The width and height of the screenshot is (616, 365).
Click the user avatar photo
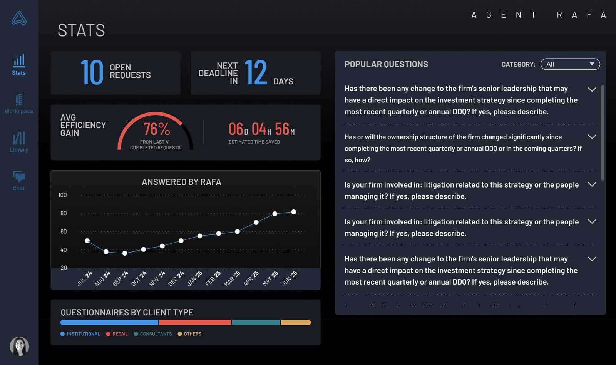[x=19, y=346]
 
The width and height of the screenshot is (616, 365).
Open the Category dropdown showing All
[x=570, y=64]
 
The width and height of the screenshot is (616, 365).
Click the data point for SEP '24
[x=125, y=253]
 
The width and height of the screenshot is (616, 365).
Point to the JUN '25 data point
[x=294, y=212]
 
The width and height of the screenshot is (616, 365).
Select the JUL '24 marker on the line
[x=87, y=241]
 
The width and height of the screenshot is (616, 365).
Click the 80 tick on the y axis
[x=64, y=213]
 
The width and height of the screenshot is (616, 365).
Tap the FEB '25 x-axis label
[x=213, y=278]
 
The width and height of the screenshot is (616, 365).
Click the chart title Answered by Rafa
[x=181, y=182]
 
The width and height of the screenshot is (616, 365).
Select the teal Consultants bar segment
[x=256, y=323]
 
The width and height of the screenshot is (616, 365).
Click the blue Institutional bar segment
[x=109, y=323]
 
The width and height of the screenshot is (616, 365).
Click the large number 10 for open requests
[x=92, y=72]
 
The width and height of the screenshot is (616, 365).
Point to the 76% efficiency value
[x=156, y=129]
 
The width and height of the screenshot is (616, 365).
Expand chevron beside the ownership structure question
[x=592, y=137]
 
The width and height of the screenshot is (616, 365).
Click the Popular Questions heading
[x=386, y=64]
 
